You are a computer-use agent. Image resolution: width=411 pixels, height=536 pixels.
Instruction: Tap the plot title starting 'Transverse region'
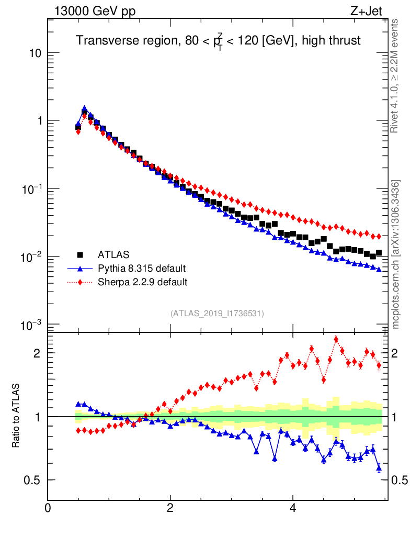click(x=218, y=41)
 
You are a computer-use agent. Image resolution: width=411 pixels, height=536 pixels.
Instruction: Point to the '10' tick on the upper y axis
click(x=36, y=53)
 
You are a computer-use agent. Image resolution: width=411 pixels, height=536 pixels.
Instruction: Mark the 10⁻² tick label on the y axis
click(x=32, y=256)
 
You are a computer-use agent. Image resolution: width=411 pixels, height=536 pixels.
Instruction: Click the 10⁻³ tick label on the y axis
click(x=32, y=325)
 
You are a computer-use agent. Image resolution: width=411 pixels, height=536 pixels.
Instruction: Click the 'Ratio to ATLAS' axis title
click(x=16, y=417)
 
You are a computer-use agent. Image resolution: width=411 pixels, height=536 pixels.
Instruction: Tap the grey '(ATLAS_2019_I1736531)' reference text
click(x=217, y=314)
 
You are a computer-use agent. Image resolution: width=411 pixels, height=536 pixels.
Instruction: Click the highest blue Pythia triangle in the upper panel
click(x=84, y=109)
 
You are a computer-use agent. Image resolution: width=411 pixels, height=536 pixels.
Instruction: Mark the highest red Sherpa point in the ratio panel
click(x=336, y=339)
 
